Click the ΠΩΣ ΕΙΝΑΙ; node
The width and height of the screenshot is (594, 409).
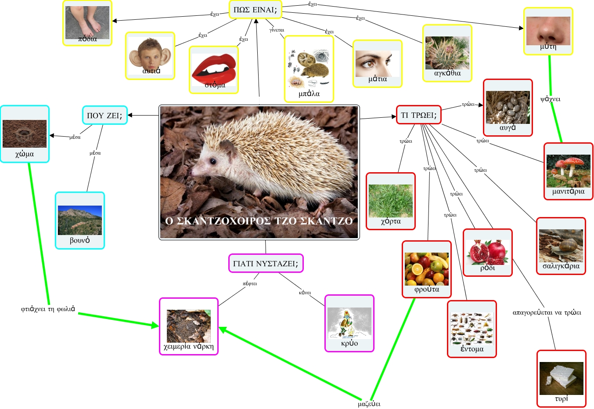click(255, 10)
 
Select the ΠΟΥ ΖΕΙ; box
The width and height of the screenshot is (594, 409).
click(104, 116)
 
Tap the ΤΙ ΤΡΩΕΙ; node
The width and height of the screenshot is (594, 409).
click(418, 115)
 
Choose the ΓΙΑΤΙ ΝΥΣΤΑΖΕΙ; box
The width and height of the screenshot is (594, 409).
click(266, 264)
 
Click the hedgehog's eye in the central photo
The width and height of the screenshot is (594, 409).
click(212, 161)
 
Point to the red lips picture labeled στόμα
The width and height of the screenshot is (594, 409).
click(214, 69)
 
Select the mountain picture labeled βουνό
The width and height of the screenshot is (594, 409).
click(80, 220)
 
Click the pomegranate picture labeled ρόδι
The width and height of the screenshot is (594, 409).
click(487, 252)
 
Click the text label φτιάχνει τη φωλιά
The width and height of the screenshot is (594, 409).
click(48, 309)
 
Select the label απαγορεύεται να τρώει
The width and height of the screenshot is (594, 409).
click(547, 313)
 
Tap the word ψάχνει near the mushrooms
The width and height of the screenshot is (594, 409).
click(550, 99)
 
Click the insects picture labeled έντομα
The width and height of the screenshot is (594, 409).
click(472, 328)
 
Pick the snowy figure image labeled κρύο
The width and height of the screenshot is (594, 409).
click(349, 322)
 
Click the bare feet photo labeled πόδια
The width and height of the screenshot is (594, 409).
click(87, 22)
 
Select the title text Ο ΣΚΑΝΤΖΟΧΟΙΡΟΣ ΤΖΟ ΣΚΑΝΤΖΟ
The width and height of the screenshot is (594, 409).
click(259, 221)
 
